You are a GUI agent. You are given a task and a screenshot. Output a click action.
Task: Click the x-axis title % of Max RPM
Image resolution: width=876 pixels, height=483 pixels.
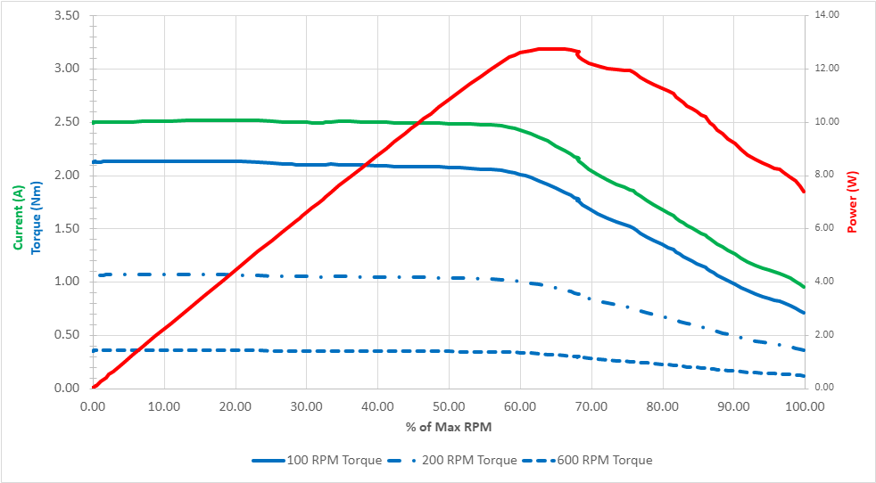449,427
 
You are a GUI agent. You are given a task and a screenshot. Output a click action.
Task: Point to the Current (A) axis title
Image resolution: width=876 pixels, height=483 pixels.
18,218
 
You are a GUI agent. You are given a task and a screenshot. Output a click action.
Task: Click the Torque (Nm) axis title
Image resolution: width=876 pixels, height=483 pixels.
36,218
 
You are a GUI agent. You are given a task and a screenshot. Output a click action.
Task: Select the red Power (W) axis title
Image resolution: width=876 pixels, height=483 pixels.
852,202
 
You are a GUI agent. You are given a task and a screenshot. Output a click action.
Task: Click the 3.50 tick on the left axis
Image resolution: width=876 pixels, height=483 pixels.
68,16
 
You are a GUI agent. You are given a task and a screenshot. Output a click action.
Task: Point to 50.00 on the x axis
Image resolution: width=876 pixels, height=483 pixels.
449,405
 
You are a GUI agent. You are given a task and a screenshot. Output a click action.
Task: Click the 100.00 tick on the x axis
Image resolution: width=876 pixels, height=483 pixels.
805,405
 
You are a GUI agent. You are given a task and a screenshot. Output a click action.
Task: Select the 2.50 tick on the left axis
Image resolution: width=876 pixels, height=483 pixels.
68,122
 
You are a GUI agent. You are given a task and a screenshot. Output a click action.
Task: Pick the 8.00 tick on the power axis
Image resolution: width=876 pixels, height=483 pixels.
825,175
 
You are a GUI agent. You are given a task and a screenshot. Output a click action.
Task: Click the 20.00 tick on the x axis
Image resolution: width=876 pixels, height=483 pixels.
236,405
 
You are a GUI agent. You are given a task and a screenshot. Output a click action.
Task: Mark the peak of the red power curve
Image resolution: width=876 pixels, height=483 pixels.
553,49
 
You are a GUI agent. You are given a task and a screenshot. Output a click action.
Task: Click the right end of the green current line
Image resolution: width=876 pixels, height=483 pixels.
804,287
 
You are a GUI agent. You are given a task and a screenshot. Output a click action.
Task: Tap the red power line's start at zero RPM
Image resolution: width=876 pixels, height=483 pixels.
94,387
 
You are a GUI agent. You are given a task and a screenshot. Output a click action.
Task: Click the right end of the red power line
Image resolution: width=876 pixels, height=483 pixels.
804,192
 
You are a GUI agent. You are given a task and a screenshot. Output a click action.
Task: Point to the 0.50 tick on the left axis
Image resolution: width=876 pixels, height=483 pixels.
68,335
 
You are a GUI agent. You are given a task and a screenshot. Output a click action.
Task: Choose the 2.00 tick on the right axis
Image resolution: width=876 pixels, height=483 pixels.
825,335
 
